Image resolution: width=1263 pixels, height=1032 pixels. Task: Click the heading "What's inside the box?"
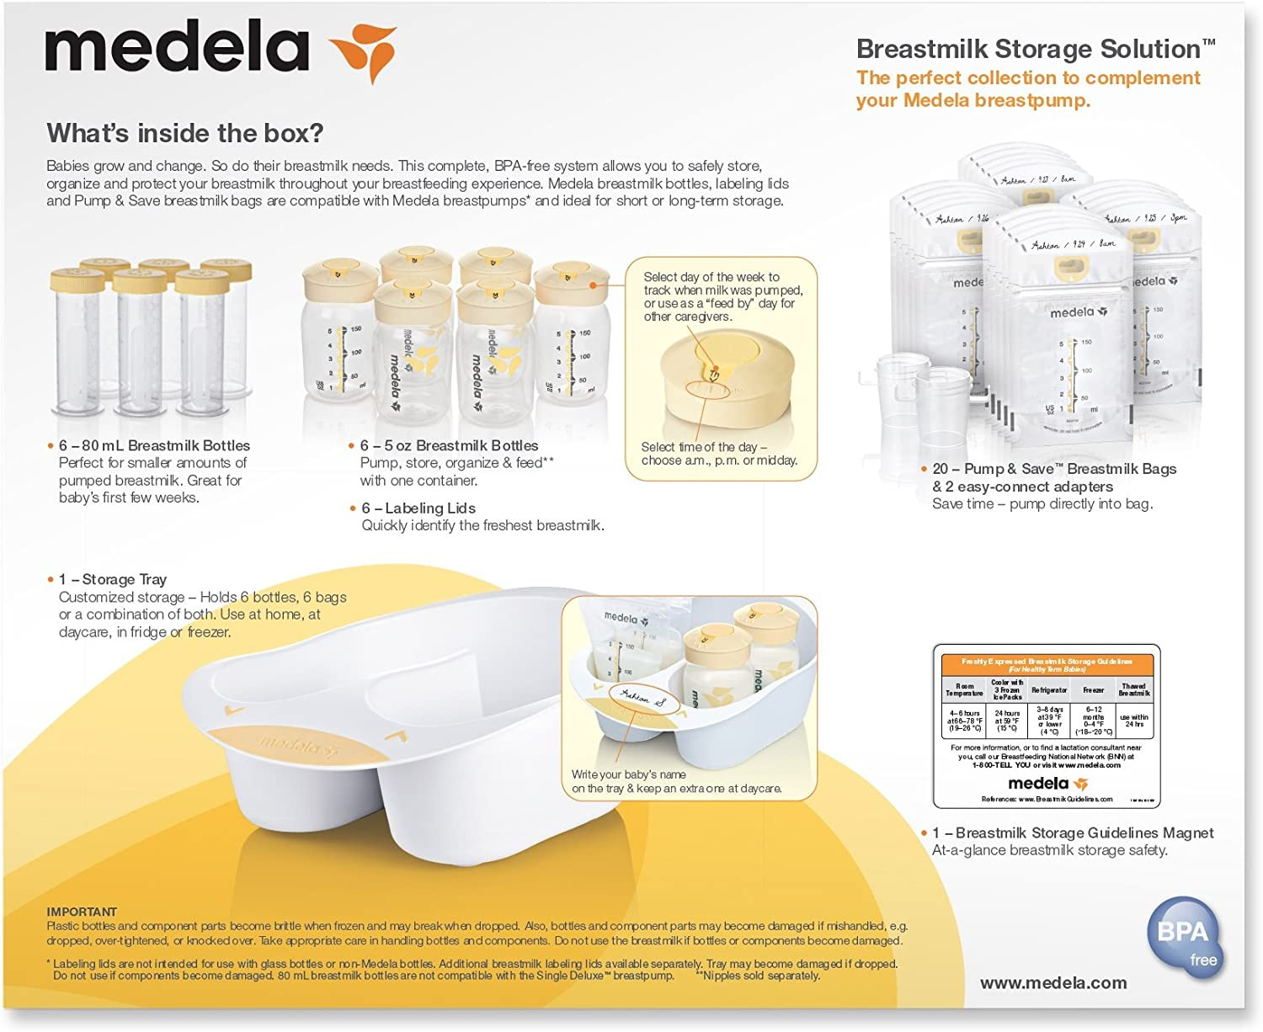[185, 133]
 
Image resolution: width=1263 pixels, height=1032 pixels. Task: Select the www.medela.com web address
[1053, 982]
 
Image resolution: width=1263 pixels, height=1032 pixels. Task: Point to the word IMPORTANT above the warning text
[82, 912]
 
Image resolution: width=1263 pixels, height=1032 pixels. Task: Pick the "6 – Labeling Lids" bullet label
[418, 508]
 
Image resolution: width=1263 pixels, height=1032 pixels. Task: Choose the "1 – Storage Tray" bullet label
[113, 579]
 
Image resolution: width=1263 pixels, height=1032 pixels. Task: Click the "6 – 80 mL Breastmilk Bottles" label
[154, 445]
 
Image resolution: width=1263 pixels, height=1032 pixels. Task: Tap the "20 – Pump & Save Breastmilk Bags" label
[1054, 469]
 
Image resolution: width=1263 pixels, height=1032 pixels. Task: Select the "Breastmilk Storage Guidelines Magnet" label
[1084, 833]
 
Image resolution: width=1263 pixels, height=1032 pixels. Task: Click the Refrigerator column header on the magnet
[1049, 690]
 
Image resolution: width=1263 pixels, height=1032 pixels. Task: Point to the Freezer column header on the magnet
[1093, 690]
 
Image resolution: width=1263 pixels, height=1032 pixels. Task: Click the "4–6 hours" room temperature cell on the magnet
[965, 721]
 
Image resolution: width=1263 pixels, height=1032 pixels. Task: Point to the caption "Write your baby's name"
[628, 774]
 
